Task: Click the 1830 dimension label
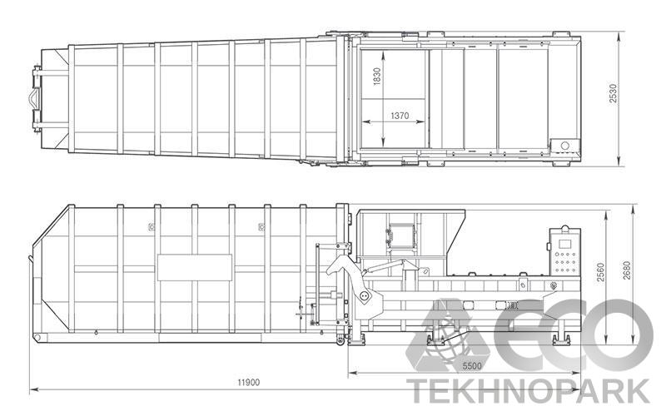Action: (x=377, y=77)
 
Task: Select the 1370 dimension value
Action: (x=400, y=116)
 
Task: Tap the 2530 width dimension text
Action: (x=613, y=93)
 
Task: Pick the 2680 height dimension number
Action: (x=628, y=270)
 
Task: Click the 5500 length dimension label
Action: (x=472, y=366)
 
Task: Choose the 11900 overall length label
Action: (x=248, y=383)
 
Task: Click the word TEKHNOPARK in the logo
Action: (x=528, y=391)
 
